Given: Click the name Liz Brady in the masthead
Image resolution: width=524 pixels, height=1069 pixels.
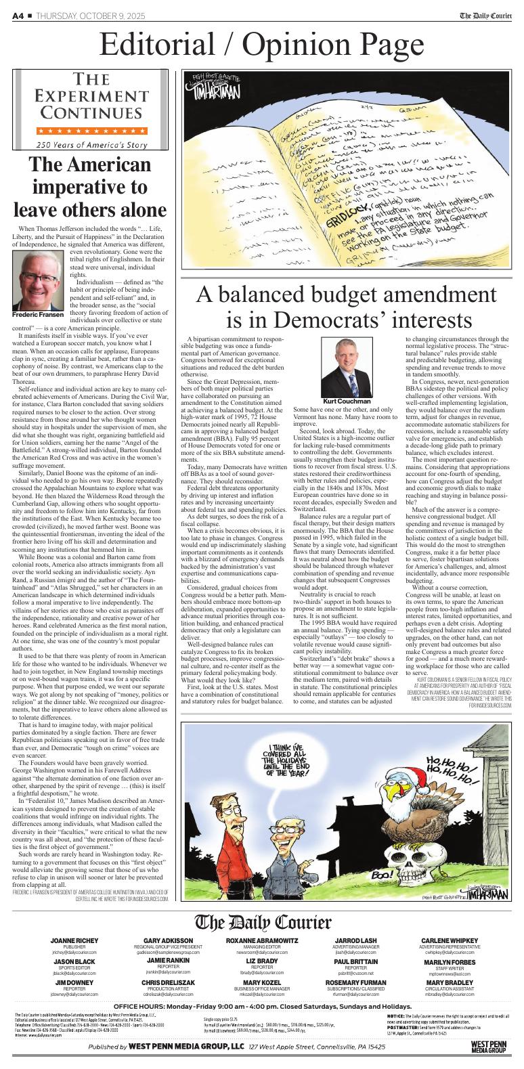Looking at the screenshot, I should point(262,961).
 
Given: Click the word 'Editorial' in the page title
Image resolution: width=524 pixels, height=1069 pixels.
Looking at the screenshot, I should point(159,45).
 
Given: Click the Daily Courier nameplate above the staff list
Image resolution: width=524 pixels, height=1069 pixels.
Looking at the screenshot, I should point(263,922).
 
